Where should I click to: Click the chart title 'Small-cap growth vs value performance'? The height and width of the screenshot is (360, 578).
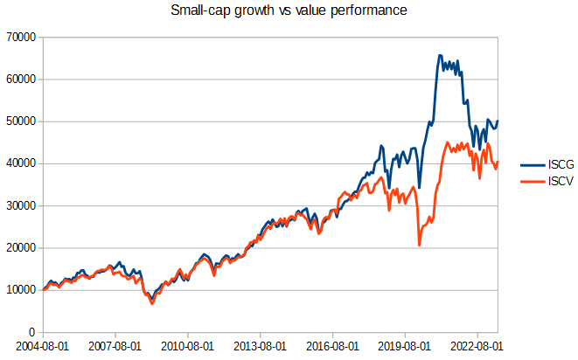289,13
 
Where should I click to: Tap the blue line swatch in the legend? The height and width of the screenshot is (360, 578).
533,165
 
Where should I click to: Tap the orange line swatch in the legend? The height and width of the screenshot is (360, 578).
533,180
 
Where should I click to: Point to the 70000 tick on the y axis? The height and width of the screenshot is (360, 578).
18,38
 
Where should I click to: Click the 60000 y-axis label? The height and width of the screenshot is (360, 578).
18,80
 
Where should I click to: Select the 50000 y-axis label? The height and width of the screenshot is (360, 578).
18,121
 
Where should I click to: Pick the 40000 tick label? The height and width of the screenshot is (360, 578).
18,163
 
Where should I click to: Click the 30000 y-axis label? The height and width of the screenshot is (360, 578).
18,206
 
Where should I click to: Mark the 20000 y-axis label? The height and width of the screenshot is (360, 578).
18,248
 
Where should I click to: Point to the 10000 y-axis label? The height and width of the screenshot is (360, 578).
18,290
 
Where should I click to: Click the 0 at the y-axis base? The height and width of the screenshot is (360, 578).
31,332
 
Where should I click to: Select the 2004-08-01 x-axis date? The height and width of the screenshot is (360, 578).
43,346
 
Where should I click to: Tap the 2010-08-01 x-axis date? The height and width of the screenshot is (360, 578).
187,346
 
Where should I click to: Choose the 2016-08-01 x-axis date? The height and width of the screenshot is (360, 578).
331,346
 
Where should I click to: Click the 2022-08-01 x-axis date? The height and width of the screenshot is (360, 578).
475,346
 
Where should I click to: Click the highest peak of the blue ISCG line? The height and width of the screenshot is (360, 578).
440,56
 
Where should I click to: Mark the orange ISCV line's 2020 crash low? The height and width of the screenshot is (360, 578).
419,246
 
